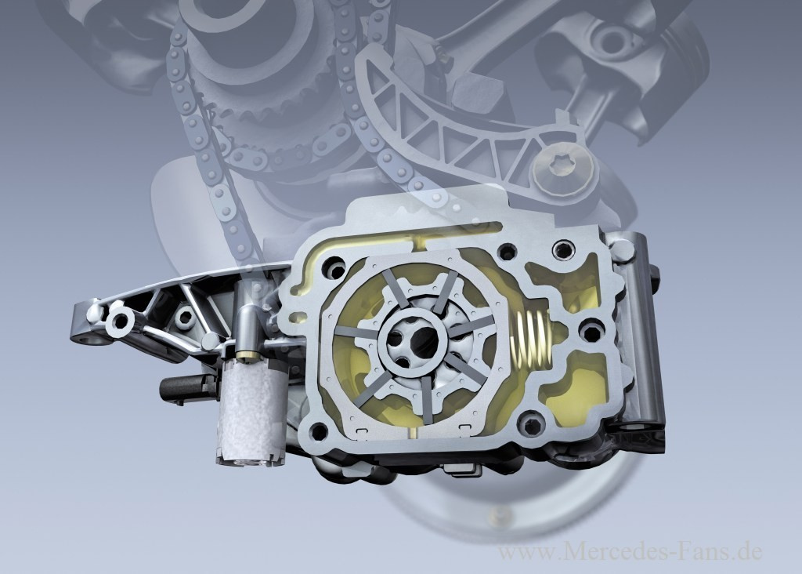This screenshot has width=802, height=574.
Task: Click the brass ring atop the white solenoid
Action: [247, 354]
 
